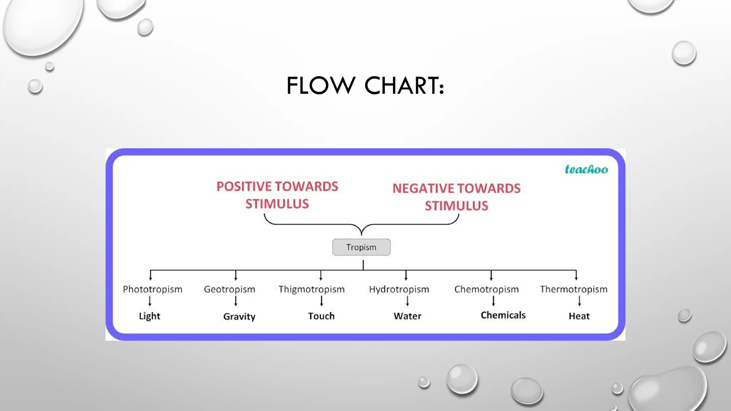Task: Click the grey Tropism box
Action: pyautogui.click(x=361, y=247)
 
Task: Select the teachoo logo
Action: pyautogui.click(x=586, y=169)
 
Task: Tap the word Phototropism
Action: pyautogui.click(x=152, y=289)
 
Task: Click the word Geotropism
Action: pyautogui.click(x=230, y=289)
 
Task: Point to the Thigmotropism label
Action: pyautogui.click(x=312, y=289)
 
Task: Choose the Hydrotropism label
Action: pyautogui.click(x=399, y=289)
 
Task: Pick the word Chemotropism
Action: pyautogui.click(x=487, y=289)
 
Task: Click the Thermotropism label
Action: pyautogui.click(x=574, y=289)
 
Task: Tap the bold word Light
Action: pyautogui.click(x=150, y=316)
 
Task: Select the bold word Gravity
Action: pyautogui.click(x=239, y=316)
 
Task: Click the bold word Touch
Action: pyautogui.click(x=321, y=316)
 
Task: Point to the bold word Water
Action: pyautogui.click(x=407, y=316)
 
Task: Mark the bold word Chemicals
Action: pyautogui.click(x=503, y=315)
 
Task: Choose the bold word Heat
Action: pyautogui.click(x=579, y=316)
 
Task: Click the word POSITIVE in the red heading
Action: pyautogui.click(x=244, y=187)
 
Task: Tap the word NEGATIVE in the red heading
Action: pyautogui.click(x=423, y=188)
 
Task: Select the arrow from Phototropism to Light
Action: pyautogui.click(x=150, y=301)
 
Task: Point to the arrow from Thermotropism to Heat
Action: pyautogui.click(x=579, y=301)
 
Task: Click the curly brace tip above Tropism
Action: pyautogui.click(x=362, y=233)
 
